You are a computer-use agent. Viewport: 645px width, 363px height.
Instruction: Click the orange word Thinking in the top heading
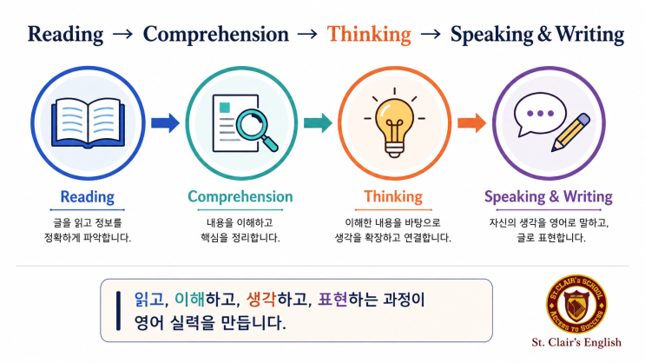pos(369,35)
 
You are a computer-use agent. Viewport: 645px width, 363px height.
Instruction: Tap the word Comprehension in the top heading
pos(216,35)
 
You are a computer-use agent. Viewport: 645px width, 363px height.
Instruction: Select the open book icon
pos(88,122)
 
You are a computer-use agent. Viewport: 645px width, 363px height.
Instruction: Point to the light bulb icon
pos(394,122)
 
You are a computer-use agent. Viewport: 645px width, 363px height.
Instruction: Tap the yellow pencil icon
pos(571,132)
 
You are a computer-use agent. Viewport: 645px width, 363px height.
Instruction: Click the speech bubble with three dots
pos(540,114)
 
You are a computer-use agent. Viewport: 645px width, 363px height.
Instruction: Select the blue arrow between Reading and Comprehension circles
pos(165,122)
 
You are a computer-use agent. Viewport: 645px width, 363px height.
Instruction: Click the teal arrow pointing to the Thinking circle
pos(318,122)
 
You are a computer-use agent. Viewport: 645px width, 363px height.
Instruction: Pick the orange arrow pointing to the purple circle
pos(472,122)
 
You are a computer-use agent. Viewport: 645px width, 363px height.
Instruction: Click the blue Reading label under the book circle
pos(87,197)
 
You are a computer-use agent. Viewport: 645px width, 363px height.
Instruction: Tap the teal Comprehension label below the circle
pos(240,197)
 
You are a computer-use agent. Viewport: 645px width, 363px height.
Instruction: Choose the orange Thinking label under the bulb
pos(393,197)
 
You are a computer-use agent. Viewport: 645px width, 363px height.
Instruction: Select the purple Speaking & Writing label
pos(549,197)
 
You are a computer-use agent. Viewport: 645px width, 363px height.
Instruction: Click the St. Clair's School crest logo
pos(576,305)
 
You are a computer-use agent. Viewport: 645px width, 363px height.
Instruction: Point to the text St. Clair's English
pos(576,342)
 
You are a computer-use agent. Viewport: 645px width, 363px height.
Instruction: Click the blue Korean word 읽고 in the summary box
pos(149,300)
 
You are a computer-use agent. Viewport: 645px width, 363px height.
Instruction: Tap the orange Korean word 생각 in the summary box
pos(261,300)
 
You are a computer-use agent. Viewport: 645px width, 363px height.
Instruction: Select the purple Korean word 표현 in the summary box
pos(333,300)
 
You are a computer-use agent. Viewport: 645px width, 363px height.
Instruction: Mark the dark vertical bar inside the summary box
pos(118,311)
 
